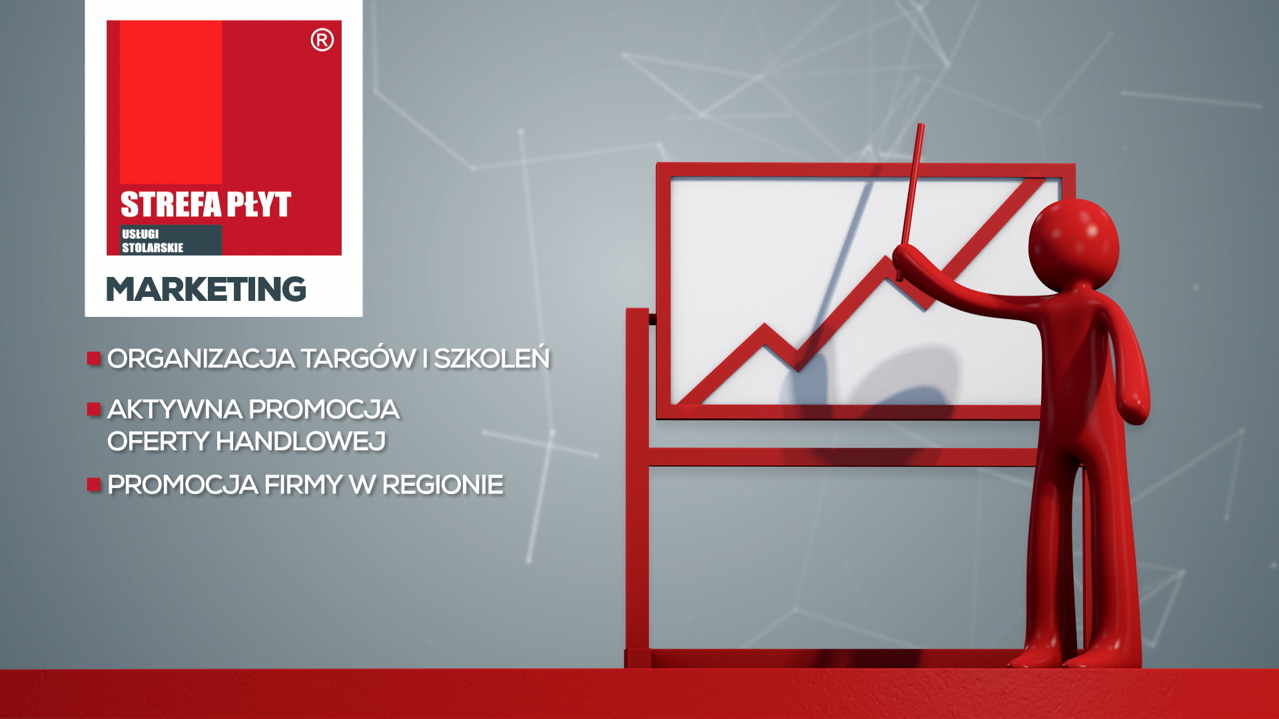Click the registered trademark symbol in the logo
pos(322,41)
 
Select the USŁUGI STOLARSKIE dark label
pos(171,240)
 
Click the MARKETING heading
pos(206,289)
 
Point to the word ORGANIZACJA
pos(201,358)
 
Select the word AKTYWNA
pos(175,409)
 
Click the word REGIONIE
pos(442,485)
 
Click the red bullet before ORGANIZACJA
pos(93,359)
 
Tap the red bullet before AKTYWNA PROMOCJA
pos(93,409)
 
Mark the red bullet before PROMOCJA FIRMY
pos(93,484)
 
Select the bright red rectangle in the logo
pos(171,102)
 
